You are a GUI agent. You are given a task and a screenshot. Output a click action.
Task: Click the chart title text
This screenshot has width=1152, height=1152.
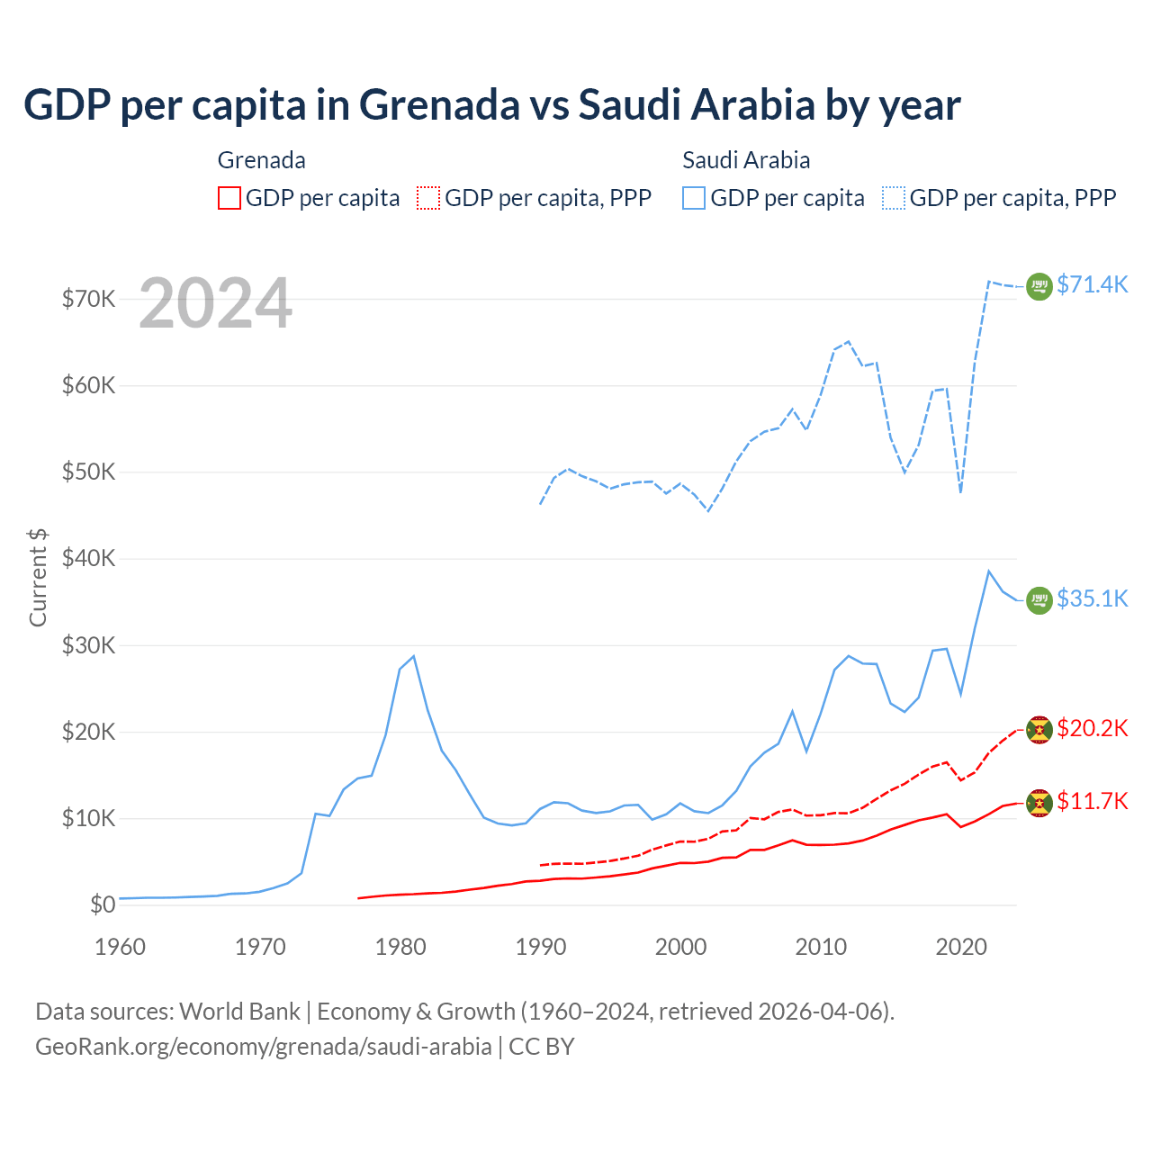[491, 105]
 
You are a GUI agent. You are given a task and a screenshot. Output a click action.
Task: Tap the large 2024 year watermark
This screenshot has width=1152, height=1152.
[216, 303]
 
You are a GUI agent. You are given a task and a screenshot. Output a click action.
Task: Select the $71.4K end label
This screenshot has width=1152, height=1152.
[1092, 284]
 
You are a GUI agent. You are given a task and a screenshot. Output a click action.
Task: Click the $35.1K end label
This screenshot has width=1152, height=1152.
[1092, 598]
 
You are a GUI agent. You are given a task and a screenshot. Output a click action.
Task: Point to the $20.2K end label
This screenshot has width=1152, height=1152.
[1092, 728]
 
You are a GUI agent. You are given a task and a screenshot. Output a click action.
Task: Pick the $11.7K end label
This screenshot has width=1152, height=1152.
[1092, 801]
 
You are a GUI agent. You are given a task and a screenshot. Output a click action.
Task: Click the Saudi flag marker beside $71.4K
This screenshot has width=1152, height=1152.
[1039, 286]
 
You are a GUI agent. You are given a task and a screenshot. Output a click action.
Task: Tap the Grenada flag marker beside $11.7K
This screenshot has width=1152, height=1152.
[1039, 803]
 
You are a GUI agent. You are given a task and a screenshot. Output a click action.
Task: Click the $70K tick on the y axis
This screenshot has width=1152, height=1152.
[88, 299]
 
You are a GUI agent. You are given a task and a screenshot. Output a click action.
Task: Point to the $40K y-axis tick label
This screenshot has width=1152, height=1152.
[88, 558]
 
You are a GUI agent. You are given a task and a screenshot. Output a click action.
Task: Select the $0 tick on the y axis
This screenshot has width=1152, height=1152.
[102, 904]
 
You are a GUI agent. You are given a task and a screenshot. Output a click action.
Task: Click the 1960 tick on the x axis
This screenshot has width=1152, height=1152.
[120, 947]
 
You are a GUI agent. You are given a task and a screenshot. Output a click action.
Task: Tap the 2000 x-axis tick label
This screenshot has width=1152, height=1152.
[680, 947]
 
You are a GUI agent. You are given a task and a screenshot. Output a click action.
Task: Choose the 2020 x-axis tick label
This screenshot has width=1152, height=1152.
[961, 947]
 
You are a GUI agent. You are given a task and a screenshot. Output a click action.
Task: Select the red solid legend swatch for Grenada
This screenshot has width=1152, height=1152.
[229, 198]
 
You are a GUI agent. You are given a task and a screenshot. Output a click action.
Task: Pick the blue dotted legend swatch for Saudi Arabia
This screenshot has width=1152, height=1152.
[894, 198]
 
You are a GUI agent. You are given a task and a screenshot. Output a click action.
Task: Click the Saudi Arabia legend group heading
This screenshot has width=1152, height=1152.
[746, 160]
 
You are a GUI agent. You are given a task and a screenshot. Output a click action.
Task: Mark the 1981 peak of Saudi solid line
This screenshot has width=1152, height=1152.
[413, 656]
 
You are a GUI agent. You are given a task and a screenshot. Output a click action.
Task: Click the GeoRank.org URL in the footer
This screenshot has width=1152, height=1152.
[263, 1047]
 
